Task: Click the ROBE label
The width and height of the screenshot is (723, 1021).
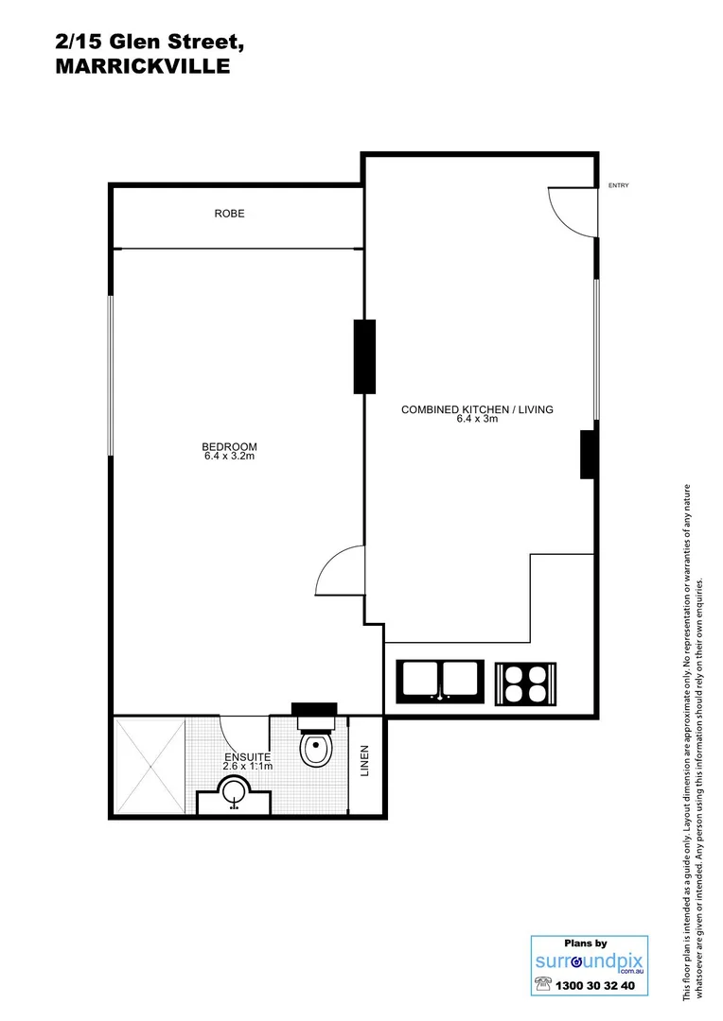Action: pyautogui.click(x=229, y=214)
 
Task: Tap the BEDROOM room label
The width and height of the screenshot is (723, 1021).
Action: pyautogui.click(x=229, y=447)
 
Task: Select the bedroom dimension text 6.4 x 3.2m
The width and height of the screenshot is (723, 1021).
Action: pyautogui.click(x=229, y=458)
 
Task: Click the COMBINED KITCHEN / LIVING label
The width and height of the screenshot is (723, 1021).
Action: pyautogui.click(x=477, y=409)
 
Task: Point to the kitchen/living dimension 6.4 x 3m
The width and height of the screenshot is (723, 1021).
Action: pyautogui.click(x=477, y=419)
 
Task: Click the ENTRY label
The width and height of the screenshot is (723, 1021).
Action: pyautogui.click(x=618, y=185)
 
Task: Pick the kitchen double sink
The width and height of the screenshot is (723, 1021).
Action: pyautogui.click(x=441, y=681)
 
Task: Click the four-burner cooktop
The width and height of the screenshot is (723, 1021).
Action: pyautogui.click(x=523, y=681)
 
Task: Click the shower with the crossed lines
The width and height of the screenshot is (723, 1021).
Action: pyautogui.click(x=150, y=766)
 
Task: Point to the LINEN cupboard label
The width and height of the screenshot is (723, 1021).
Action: pyautogui.click(x=366, y=762)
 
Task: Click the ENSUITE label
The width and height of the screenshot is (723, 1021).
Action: pyautogui.click(x=247, y=757)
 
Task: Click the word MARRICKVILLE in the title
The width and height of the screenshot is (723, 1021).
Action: pyautogui.click(x=143, y=67)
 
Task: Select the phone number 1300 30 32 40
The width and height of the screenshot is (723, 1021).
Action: pyautogui.click(x=599, y=985)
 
